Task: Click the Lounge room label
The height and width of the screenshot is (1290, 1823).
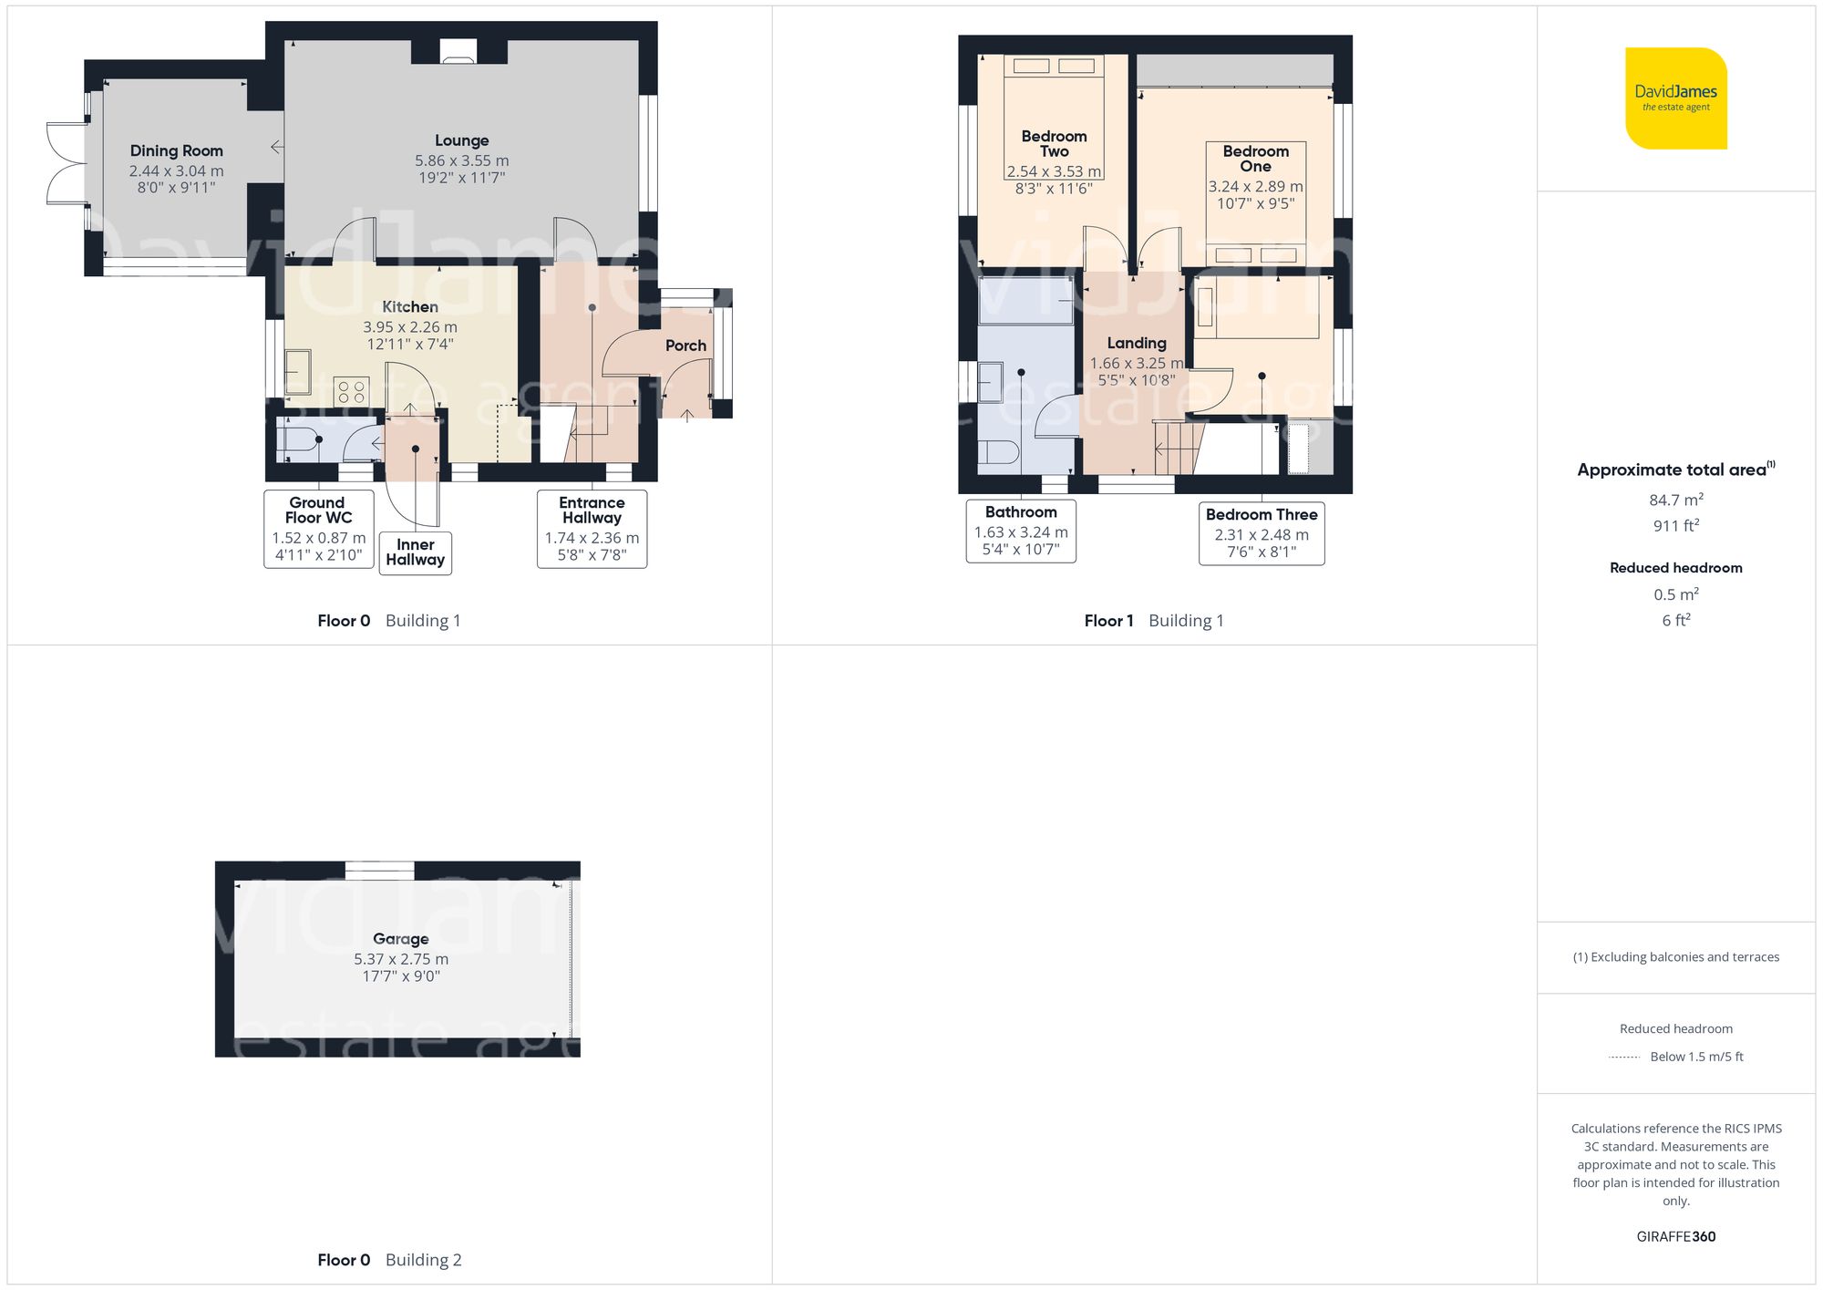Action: click(461, 140)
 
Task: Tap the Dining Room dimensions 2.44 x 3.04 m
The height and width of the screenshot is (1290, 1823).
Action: click(176, 170)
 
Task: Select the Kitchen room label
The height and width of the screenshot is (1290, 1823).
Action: click(409, 307)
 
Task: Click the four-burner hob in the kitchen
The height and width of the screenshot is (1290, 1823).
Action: click(352, 392)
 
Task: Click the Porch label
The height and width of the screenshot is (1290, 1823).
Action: click(685, 346)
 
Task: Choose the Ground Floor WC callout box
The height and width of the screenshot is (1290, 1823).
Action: click(318, 529)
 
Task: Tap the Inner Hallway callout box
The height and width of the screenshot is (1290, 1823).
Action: click(415, 552)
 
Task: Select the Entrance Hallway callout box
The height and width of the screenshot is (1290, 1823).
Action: click(592, 529)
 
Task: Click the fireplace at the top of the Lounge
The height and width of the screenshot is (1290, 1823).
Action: click(458, 51)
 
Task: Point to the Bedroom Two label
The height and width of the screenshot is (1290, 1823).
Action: click(1054, 144)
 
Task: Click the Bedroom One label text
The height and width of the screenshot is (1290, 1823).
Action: click(1255, 159)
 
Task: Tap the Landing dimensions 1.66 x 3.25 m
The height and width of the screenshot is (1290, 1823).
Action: click(1136, 363)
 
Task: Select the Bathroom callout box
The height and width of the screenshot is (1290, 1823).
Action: click(1021, 531)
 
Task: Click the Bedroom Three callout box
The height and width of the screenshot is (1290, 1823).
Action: click(1262, 533)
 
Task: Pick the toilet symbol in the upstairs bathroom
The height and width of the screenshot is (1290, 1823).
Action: click(998, 452)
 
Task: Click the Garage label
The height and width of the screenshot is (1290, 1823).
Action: click(400, 939)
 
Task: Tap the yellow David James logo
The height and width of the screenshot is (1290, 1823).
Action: click(1675, 98)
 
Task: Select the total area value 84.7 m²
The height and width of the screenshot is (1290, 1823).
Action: click(1675, 500)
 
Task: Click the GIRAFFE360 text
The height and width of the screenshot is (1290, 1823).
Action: click(1675, 1236)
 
